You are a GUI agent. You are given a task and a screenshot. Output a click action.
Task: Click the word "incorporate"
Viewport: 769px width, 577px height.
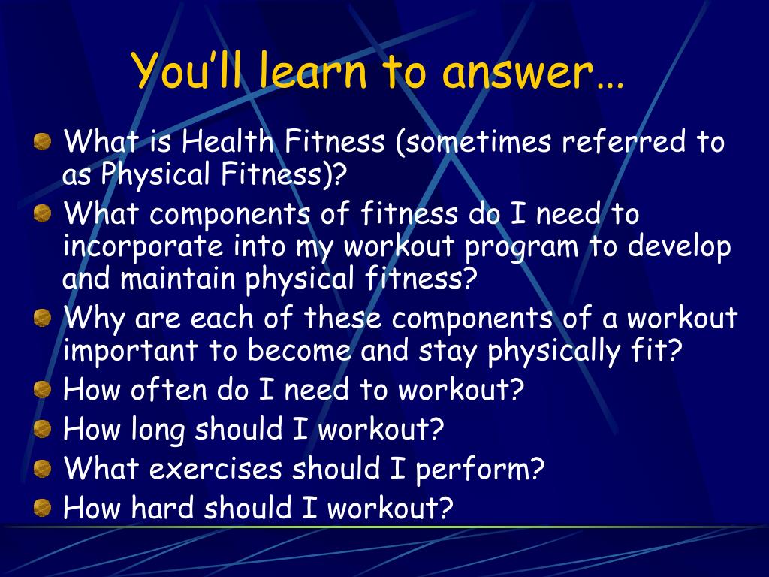(143, 246)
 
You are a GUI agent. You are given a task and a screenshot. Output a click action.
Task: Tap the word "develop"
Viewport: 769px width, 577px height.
(679, 246)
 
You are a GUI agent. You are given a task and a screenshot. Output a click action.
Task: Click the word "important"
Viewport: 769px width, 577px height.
(131, 351)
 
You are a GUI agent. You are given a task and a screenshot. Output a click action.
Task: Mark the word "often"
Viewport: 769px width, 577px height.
(168, 390)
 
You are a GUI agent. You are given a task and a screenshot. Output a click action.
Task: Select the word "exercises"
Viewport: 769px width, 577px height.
(216, 468)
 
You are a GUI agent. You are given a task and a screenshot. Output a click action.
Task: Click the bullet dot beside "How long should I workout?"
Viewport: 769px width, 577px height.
(43, 429)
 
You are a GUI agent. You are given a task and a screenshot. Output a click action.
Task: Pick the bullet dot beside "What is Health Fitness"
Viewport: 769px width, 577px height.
(43, 141)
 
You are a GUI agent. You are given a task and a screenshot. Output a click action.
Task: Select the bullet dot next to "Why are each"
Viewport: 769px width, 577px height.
(43, 318)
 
